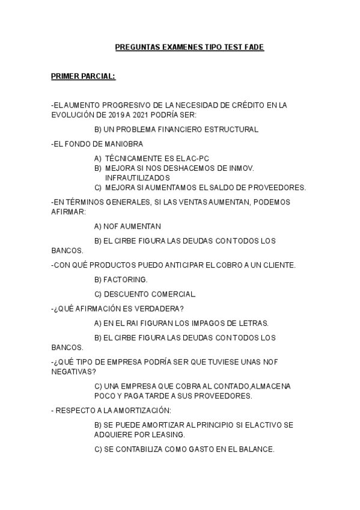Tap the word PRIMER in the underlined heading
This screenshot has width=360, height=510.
point(66,76)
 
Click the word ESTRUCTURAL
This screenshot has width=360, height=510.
point(232,129)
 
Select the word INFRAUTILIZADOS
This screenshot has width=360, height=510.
point(137,177)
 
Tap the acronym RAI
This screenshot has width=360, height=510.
point(126,323)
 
